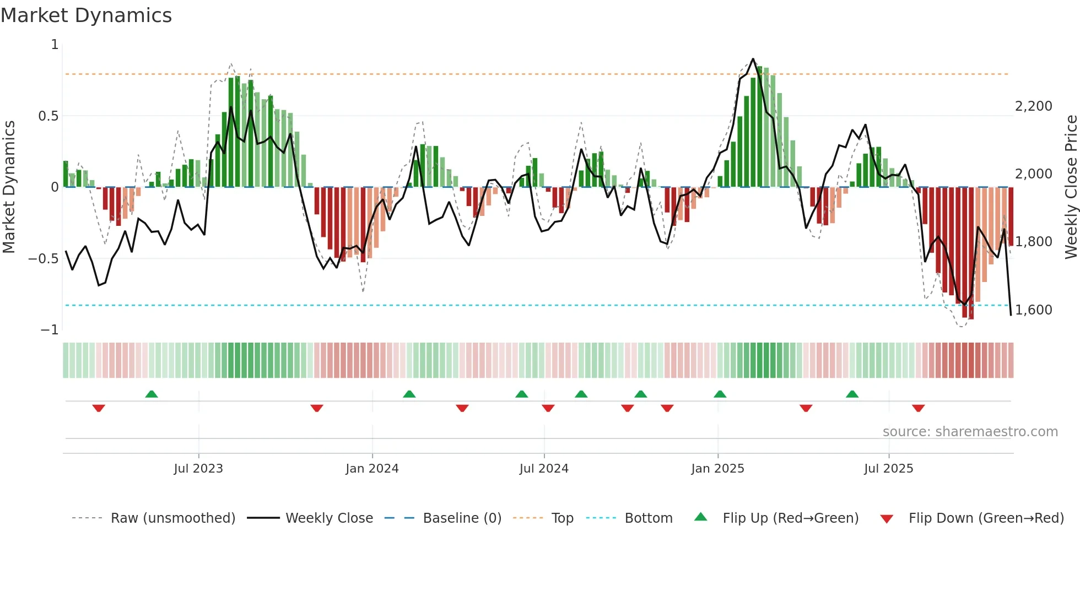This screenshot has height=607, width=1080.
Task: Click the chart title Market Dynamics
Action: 86,15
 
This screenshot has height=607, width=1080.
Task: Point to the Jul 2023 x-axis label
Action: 198,469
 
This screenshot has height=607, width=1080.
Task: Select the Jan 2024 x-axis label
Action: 372,469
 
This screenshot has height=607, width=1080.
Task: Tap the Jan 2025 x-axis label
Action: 717,469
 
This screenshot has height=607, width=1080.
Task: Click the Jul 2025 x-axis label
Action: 888,469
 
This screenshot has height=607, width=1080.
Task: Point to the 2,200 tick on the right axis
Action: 1033,106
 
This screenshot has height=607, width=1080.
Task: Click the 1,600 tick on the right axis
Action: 1033,310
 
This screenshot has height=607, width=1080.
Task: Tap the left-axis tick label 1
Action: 55,45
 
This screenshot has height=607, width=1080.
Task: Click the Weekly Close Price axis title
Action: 1071,187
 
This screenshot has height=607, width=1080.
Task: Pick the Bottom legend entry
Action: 648,518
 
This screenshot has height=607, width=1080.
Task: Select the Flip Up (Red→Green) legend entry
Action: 790,518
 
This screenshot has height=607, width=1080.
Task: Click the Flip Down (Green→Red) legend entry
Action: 986,518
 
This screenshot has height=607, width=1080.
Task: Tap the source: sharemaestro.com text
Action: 970,432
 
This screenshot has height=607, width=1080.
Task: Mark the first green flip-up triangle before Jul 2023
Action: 152,394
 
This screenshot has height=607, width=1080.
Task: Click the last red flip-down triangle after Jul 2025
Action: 918,408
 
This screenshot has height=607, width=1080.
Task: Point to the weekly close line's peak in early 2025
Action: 753,59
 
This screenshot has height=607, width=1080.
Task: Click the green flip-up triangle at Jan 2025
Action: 720,394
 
